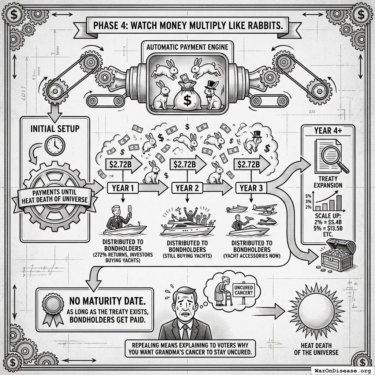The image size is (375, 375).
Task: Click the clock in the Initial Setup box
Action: tap(55, 145)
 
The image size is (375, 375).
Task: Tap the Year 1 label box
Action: tap(123, 188)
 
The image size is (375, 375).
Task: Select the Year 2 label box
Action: tap(187, 188)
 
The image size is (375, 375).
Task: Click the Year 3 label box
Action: tap(251, 188)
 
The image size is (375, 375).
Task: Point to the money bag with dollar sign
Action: tap(187, 95)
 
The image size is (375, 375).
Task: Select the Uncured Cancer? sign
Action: tap(244, 290)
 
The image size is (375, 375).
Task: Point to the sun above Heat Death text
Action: tap(316, 311)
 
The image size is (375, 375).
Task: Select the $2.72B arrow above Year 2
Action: tap(188, 164)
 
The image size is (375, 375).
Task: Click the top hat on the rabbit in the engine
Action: tap(211, 85)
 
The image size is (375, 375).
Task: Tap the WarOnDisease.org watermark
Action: tap(343, 371)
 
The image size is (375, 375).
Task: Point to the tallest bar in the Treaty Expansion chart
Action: tap(339, 203)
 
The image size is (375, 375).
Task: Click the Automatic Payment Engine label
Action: tap(187, 47)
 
